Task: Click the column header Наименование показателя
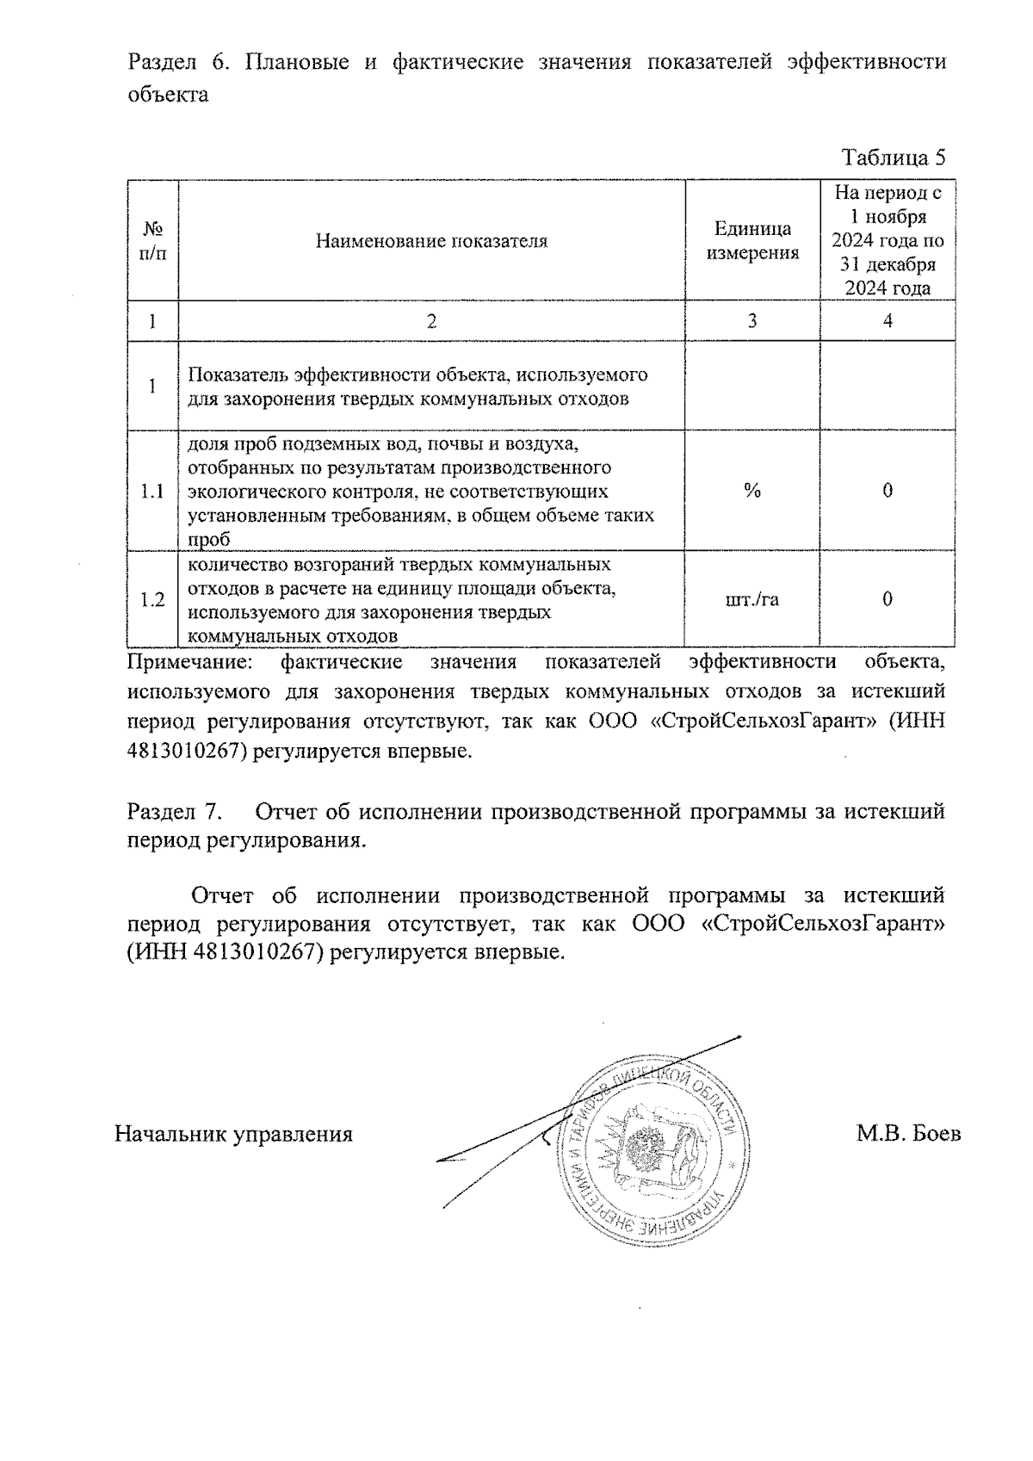(x=431, y=241)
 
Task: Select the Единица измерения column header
(x=752, y=241)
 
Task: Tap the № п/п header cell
(x=152, y=241)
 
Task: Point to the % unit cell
(x=752, y=491)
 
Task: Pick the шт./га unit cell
(x=752, y=599)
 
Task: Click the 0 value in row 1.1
(x=888, y=491)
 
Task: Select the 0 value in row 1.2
(x=888, y=599)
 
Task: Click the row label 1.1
(x=152, y=492)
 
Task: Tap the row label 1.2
(x=152, y=600)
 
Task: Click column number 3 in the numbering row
(x=752, y=321)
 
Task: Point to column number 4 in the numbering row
(x=888, y=321)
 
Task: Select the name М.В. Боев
(x=908, y=1134)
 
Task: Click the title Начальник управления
(x=234, y=1134)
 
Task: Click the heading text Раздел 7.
(x=175, y=812)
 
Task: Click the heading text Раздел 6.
(x=177, y=63)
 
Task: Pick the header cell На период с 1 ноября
(x=888, y=241)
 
